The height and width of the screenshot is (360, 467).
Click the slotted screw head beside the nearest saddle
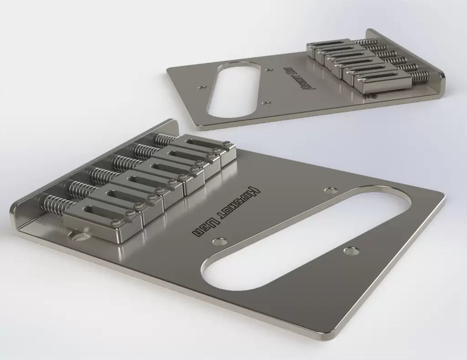pyautogui.click(x=80, y=237)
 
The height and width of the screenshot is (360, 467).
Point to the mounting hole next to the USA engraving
pyautogui.click(x=223, y=238)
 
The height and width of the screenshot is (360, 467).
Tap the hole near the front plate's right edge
pyautogui.click(x=350, y=251)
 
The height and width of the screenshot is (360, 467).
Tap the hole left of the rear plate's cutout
pyautogui.click(x=201, y=85)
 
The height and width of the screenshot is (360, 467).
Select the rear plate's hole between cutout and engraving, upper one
pyautogui.click(x=270, y=70)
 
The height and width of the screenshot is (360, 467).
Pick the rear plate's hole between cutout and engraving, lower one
pyautogui.click(x=268, y=103)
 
